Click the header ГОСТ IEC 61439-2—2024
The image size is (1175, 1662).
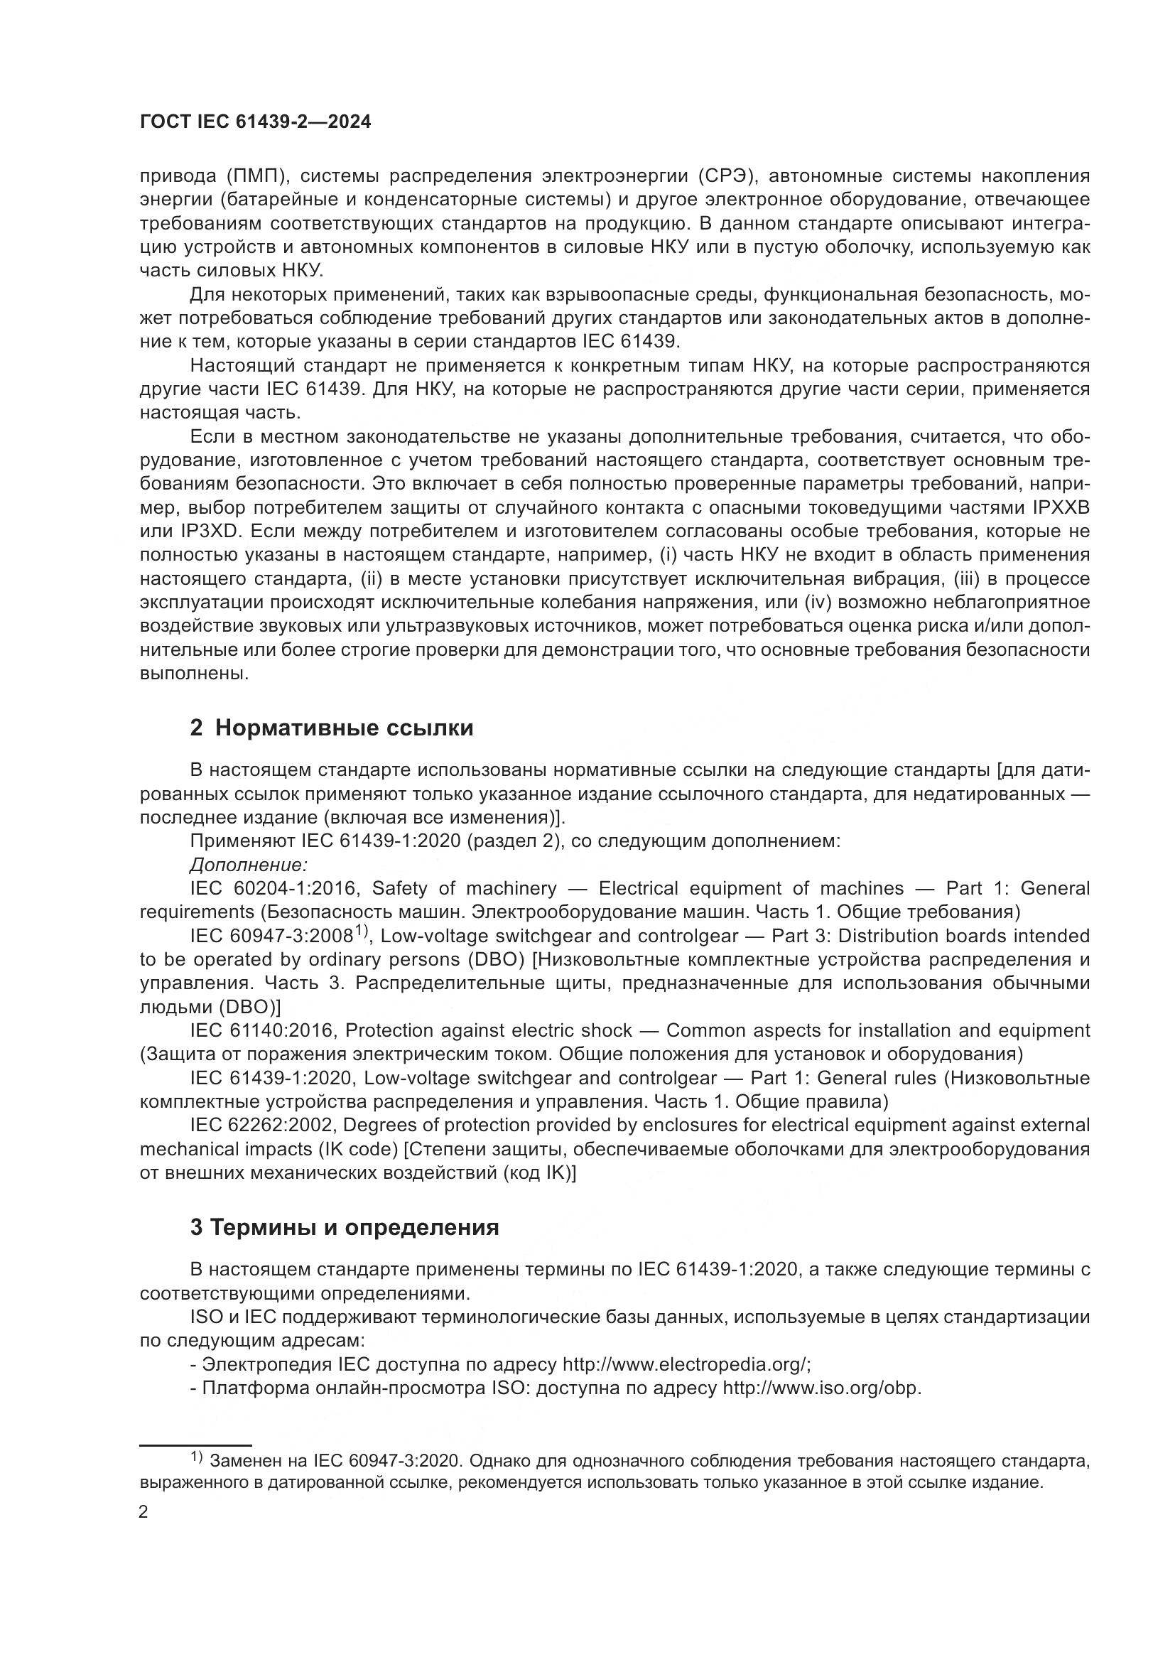tap(255, 122)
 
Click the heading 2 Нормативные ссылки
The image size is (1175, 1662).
tap(331, 728)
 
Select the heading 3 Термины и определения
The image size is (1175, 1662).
tap(345, 1227)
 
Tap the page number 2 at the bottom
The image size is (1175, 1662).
tap(144, 1512)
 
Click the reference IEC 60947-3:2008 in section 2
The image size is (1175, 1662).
tap(272, 936)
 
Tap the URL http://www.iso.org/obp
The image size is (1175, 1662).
tap(822, 1388)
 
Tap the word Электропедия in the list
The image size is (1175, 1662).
tap(266, 1364)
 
